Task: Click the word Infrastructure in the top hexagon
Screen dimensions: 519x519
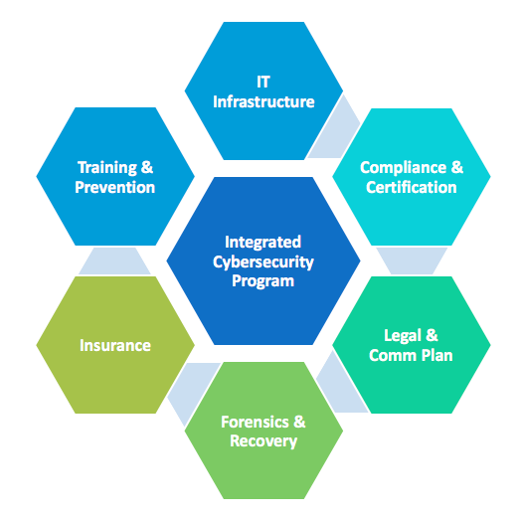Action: click(x=263, y=101)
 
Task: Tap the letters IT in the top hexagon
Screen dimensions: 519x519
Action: click(x=263, y=82)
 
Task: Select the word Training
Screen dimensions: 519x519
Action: click(x=107, y=168)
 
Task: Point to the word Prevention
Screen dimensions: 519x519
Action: click(x=115, y=187)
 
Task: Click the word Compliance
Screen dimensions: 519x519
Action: click(x=403, y=168)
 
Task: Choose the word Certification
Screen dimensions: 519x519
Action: click(x=412, y=187)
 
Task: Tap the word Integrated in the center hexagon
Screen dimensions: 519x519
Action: click(x=263, y=243)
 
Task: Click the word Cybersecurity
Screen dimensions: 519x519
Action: click(x=263, y=262)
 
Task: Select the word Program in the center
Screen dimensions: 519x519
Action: click(x=263, y=281)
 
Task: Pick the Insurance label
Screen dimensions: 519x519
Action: click(x=115, y=345)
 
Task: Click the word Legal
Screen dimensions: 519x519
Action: click(x=403, y=336)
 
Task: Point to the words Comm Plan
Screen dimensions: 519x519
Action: click(x=411, y=355)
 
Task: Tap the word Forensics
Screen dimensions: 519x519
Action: click(x=255, y=422)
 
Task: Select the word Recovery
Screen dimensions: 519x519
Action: click(x=263, y=441)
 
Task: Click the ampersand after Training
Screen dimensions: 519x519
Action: click(x=147, y=167)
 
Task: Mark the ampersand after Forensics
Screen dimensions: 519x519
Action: click(x=299, y=422)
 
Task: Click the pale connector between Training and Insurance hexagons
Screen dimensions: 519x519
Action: click(x=114, y=260)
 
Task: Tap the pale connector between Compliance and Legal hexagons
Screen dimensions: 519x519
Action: click(x=412, y=260)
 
